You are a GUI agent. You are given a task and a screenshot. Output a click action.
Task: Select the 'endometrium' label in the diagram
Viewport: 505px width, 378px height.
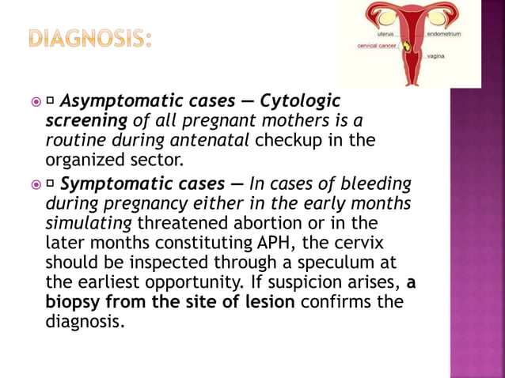tap(445, 35)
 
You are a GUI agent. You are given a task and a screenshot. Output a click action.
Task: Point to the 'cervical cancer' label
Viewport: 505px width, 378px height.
tap(377, 46)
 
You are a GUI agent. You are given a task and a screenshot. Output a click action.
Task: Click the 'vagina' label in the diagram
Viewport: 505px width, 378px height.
tap(436, 57)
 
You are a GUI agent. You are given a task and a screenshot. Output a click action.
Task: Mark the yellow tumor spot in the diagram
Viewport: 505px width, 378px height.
tap(408, 47)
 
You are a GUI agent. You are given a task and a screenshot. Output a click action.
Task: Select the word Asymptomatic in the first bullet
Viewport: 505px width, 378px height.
tap(112, 101)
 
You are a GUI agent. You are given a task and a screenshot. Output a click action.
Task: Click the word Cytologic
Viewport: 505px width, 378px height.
tap(299, 101)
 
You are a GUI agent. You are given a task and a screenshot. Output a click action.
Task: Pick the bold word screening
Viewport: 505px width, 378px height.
tap(85, 121)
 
